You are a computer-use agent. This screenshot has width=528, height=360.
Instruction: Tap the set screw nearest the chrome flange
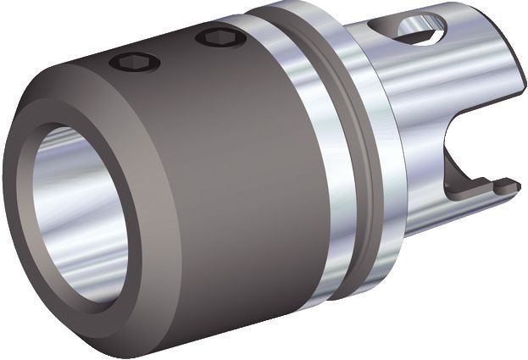(220, 38)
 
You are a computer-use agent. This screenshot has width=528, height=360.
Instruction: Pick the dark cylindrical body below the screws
(203, 169)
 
